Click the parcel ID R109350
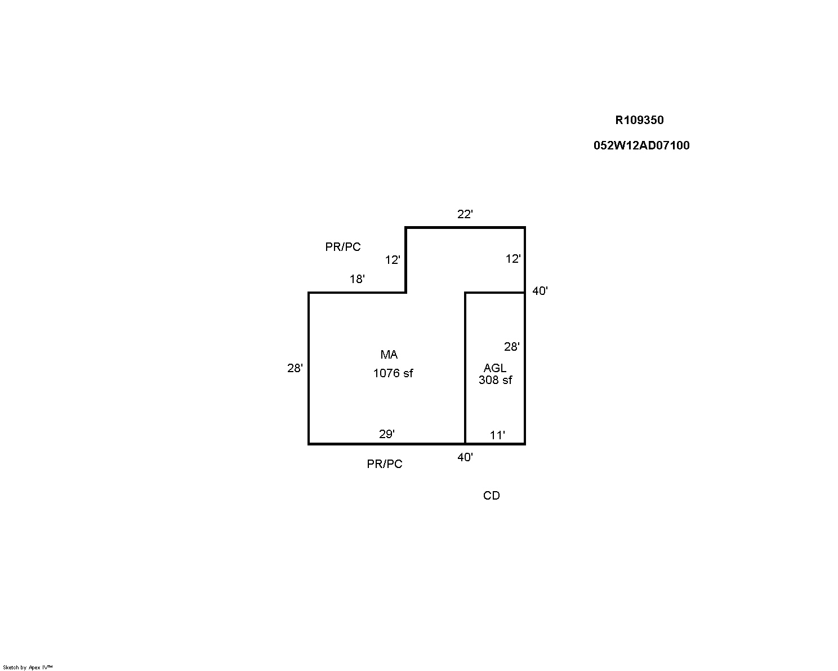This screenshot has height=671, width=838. click(x=639, y=120)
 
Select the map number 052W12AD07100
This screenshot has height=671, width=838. click(x=641, y=145)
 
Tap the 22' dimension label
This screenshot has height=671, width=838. click(x=465, y=214)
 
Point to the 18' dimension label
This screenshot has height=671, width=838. click(x=357, y=279)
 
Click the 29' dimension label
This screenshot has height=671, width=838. click(x=387, y=434)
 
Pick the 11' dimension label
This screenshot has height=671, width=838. click(x=497, y=435)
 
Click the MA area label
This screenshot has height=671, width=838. click(x=389, y=355)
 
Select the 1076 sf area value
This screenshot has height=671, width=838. click(x=393, y=373)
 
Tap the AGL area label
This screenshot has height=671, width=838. click(x=495, y=368)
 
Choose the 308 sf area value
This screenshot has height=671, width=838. click(x=496, y=379)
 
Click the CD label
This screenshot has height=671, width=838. click(x=492, y=496)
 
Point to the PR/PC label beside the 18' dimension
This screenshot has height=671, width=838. click(x=343, y=247)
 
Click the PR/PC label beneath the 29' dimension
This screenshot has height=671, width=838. click(x=385, y=464)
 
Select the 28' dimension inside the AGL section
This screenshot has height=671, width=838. click(x=512, y=347)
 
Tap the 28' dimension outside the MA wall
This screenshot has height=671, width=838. click(x=295, y=368)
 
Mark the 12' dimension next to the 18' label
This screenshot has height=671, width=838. click(x=393, y=260)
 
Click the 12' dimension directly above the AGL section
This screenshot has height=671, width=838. click(x=513, y=259)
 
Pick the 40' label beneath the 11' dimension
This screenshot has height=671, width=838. click(x=465, y=457)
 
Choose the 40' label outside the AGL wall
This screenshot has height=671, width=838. click(x=540, y=291)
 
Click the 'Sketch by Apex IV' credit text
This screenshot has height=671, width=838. click(x=28, y=668)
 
